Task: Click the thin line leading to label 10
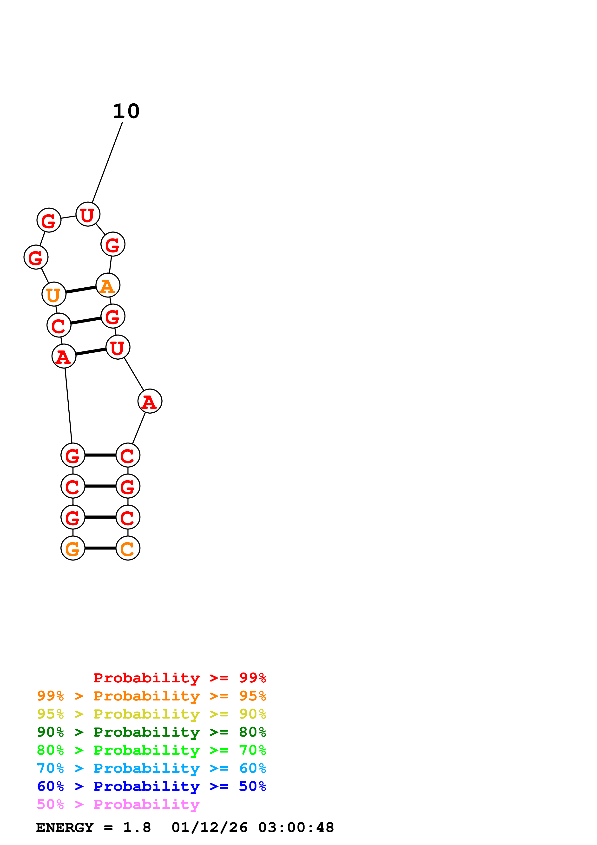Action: click(107, 162)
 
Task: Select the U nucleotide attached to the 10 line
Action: click(88, 214)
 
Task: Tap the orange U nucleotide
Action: click(54, 294)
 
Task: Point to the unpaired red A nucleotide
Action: click(150, 401)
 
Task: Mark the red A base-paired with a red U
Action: click(64, 356)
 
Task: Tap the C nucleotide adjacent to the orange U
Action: click(59, 325)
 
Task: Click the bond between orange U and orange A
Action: click(81, 290)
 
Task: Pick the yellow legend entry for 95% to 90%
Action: click(151, 714)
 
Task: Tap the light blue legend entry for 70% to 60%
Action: click(151, 768)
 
